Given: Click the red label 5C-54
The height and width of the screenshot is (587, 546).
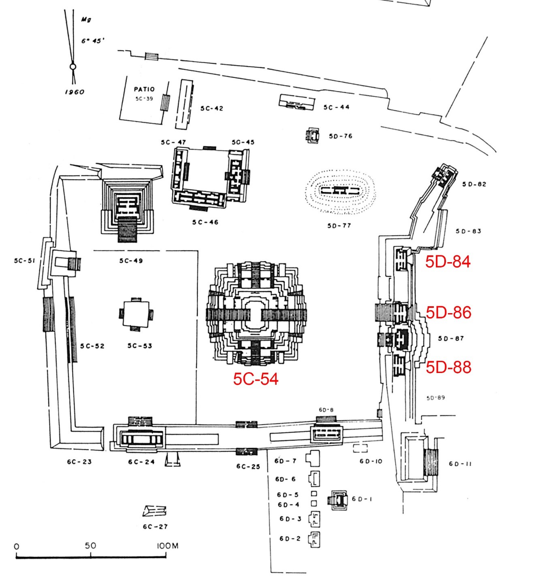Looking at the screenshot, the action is coord(256,379).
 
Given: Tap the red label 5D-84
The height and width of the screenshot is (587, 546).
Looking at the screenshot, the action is coord(448,262).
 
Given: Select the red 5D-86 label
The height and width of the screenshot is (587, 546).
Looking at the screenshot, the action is coord(448,313).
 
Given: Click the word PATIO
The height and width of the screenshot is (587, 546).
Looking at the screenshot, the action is coord(145,89).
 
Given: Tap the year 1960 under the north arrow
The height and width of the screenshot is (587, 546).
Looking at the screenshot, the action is coord(75,92).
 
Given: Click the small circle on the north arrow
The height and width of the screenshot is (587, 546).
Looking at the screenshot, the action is coord(73,67).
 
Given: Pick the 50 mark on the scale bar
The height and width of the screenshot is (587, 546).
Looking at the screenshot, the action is coord(91,546).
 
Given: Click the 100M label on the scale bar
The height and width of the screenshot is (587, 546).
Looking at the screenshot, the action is coord(168,546).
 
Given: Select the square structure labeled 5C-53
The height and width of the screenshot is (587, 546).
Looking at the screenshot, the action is coord(136,314).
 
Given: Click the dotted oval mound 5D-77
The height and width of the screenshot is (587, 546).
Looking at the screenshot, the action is coord(340,191).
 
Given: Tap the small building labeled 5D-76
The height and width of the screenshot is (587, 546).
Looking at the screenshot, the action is coord(313,136).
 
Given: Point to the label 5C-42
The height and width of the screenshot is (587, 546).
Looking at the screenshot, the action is coord(211,108).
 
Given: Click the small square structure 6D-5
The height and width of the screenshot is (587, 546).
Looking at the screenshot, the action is coord(314,494).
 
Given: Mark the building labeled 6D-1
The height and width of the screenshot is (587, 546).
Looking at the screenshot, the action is coord(338,500).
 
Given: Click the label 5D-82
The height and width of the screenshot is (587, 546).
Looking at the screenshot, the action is coord(474,184).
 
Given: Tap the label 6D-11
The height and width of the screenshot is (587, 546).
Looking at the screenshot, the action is coord(460,464).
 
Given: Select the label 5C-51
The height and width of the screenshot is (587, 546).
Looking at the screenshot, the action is coord(25,261).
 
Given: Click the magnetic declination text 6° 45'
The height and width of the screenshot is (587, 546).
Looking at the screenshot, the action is coord(93,41).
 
